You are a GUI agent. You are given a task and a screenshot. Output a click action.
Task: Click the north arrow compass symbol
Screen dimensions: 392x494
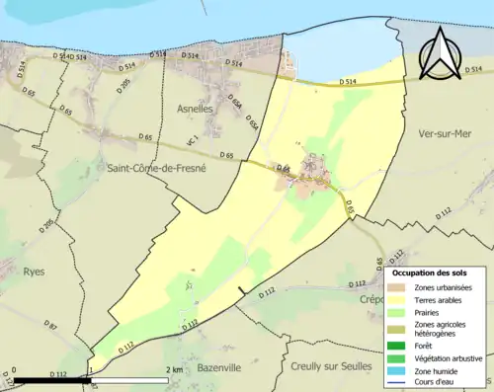click(442, 51)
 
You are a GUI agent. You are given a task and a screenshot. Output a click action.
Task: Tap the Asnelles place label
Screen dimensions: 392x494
click(195, 109)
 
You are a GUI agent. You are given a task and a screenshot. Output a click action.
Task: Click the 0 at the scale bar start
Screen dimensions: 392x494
click(18, 370)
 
